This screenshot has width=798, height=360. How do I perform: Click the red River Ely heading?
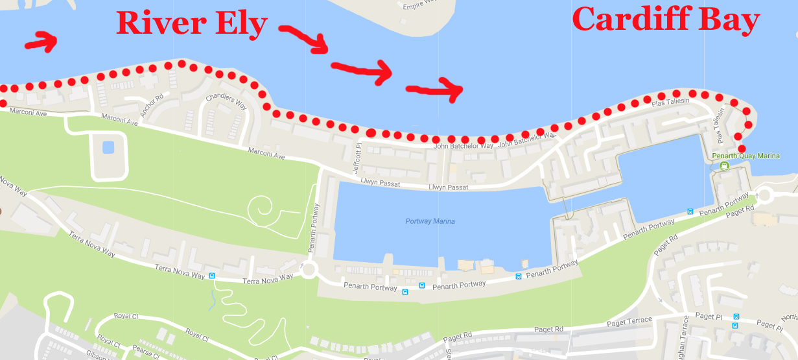(x=191, y=24)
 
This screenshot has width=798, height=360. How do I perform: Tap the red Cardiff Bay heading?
(x=666, y=19)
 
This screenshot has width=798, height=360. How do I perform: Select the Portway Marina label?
(x=430, y=221)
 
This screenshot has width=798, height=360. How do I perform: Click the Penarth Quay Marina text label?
(x=745, y=156)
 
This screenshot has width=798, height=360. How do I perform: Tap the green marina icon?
(x=724, y=166)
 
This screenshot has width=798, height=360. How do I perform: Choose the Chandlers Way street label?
(x=226, y=103)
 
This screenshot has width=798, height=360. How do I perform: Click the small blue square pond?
(x=108, y=147)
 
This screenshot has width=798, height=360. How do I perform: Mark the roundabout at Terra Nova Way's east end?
(x=308, y=269)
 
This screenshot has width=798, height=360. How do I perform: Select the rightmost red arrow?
(x=435, y=90)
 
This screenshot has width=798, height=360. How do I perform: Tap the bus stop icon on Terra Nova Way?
(x=212, y=276)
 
